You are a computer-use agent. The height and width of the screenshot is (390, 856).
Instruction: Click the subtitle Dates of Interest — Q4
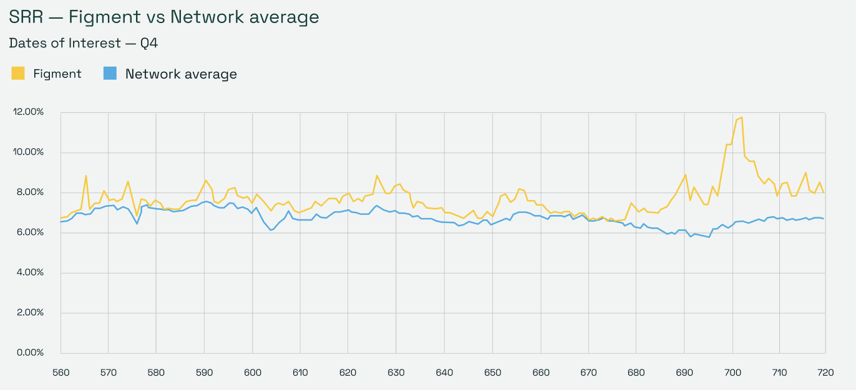[x=86, y=44]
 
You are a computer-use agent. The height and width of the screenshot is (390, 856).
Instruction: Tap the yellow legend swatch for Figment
[x=18, y=74]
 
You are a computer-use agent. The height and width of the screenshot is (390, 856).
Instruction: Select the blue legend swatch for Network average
[x=110, y=74]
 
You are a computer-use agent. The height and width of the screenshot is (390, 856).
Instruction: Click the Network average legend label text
[x=181, y=74]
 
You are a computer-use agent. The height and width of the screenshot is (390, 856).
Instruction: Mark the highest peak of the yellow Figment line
[x=741, y=117]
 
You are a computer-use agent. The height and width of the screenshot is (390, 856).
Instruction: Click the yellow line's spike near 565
[x=86, y=176]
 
